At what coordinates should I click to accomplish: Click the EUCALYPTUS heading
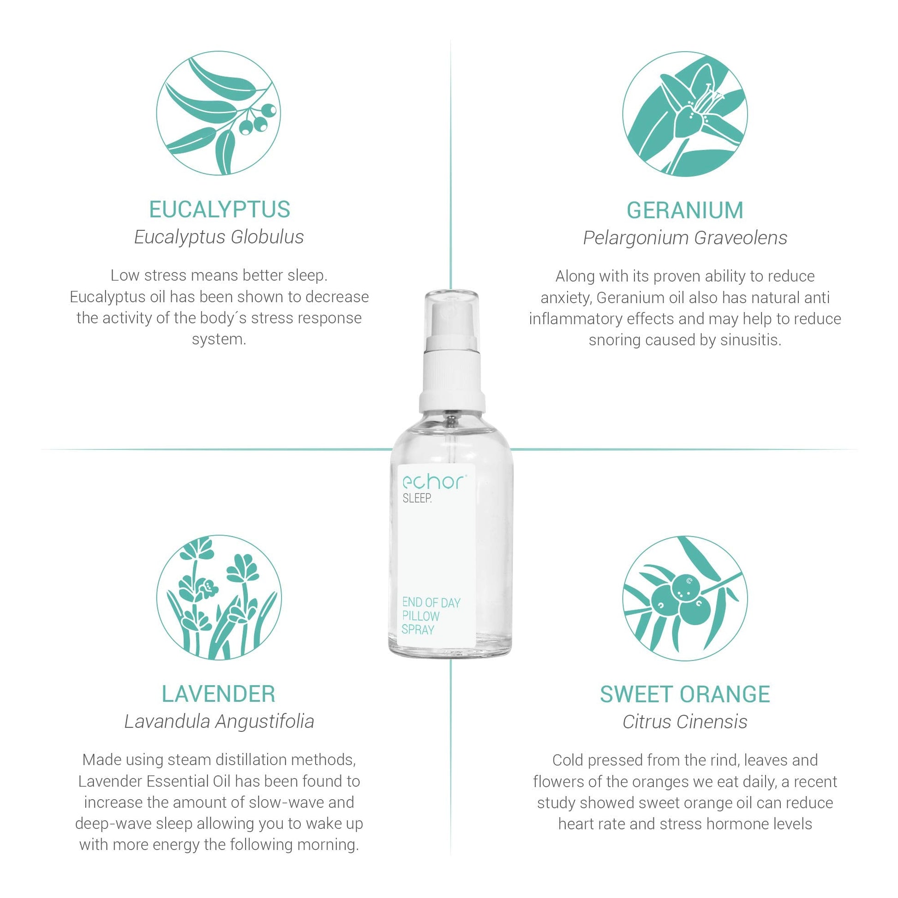point(219,209)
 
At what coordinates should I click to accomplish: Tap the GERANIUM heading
point(685,210)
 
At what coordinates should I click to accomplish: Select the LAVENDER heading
point(218,694)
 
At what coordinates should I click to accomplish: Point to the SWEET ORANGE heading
point(685,694)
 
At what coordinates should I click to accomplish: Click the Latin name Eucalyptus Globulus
point(219,237)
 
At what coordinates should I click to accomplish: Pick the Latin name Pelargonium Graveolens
point(685,238)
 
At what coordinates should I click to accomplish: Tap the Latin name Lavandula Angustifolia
point(219,722)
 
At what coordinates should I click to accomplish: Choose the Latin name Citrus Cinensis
point(685,722)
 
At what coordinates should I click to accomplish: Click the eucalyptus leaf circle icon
point(218,113)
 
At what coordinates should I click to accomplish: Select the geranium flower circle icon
point(685,114)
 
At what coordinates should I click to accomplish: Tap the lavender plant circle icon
point(219,597)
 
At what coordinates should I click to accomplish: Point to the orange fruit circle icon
point(685,598)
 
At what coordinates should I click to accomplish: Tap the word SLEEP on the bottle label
point(417,499)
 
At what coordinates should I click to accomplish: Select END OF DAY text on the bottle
point(431,603)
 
